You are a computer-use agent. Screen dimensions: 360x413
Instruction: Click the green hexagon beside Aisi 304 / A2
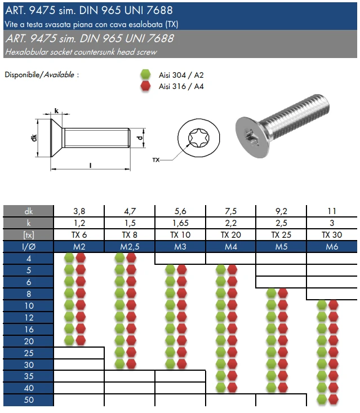pos(145,74)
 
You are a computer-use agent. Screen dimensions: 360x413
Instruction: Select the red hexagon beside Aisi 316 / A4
pos(145,86)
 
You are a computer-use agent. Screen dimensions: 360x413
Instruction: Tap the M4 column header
pos(230,247)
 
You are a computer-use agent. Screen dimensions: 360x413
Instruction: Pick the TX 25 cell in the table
pos(281,235)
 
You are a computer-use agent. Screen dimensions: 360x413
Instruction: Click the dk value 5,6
pos(180,211)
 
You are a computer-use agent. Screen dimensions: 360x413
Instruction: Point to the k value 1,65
pos(180,223)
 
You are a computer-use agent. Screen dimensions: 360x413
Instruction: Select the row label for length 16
pos(29,329)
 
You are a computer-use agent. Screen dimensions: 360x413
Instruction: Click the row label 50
pos(29,400)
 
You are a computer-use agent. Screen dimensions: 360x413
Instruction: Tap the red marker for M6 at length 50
pos(333,399)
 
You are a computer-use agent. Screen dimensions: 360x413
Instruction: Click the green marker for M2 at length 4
pos(69,258)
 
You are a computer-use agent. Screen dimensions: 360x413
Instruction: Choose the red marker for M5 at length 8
pos(283,293)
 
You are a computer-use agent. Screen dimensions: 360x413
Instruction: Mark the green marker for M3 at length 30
pos(170,364)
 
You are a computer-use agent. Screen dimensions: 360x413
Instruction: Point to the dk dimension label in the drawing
pos(34,138)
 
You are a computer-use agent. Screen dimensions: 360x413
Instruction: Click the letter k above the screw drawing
pos(56,111)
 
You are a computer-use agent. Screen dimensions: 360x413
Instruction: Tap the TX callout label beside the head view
pos(156,160)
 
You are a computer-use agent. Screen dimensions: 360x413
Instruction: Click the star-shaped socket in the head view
pos(198,137)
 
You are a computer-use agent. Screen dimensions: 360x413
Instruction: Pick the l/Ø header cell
pos(29,247)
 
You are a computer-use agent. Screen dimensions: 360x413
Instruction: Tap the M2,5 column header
pos(130,247)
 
